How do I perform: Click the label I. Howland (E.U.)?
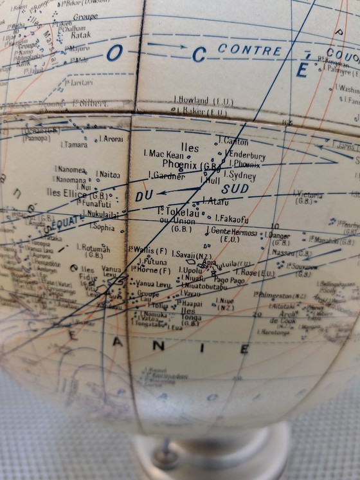pyautogui.click(x=204, y=100)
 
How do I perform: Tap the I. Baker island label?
pyautogui.click(x=201, y=113)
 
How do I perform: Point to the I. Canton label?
pyautogui.click(x=234, y=141)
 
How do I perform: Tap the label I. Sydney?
pyautogui.click(x=242, y=175)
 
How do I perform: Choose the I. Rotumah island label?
pyautogui.click(x=93, y=247)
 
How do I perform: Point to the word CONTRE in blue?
pyautogui.click(x=249, y=50)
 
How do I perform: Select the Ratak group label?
pyautogui.click(x=80, y=37)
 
